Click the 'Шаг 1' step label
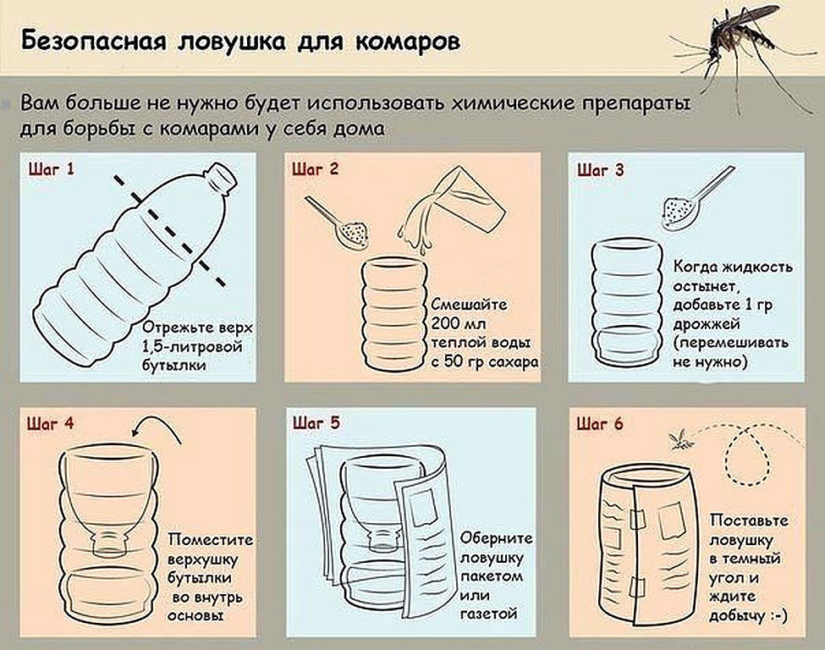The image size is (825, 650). click(52, 169)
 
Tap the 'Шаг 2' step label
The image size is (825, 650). click(315, 169)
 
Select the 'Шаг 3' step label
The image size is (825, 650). click(601, 169)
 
